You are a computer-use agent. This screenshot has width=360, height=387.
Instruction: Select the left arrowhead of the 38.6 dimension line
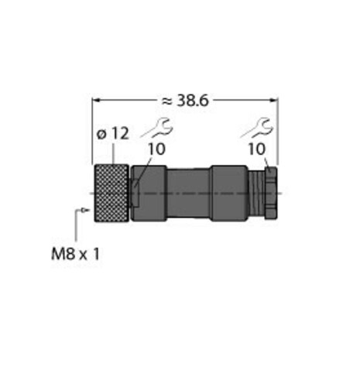tap(96, 99)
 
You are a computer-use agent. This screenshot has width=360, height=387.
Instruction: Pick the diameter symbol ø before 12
tap(101, 133)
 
